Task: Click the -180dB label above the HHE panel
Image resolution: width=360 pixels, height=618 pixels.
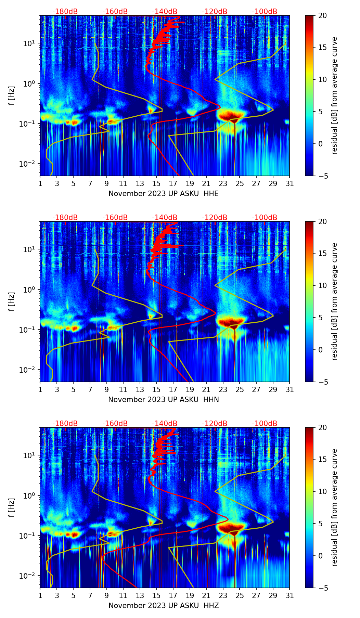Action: click(65, 12)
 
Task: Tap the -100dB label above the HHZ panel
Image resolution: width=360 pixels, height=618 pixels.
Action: click(265, 424)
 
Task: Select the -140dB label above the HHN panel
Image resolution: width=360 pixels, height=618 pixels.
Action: click(165, 218)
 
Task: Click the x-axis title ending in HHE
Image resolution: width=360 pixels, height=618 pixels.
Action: click(164, 194)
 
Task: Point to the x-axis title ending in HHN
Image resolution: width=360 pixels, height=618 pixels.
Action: click(164, 400)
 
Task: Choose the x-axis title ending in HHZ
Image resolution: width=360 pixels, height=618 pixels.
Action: click(164, 606)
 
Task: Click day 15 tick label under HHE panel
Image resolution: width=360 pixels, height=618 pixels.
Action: click(156, 184)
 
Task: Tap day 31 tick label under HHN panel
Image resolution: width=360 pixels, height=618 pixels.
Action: click(290, 390)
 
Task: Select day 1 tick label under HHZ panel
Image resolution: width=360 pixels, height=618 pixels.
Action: click(40, 596)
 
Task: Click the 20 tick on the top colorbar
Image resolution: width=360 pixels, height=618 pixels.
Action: click(322, 15)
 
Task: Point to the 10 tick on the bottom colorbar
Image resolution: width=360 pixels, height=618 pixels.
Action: click(322, 491)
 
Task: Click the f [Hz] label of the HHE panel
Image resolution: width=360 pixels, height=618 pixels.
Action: click(12, 96)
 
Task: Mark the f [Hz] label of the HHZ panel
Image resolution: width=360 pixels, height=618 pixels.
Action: click(12, 508)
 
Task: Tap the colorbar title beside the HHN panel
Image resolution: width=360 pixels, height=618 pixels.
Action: click(334, 301)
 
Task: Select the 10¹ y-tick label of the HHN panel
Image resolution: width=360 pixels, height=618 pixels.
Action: click(30, 249)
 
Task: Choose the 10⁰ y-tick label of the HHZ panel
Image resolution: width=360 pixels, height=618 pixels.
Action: click(30, 495)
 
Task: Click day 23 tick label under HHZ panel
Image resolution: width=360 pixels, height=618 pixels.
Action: click(223, 596)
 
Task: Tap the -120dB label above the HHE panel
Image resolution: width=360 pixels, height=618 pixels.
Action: click(215, 12)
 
